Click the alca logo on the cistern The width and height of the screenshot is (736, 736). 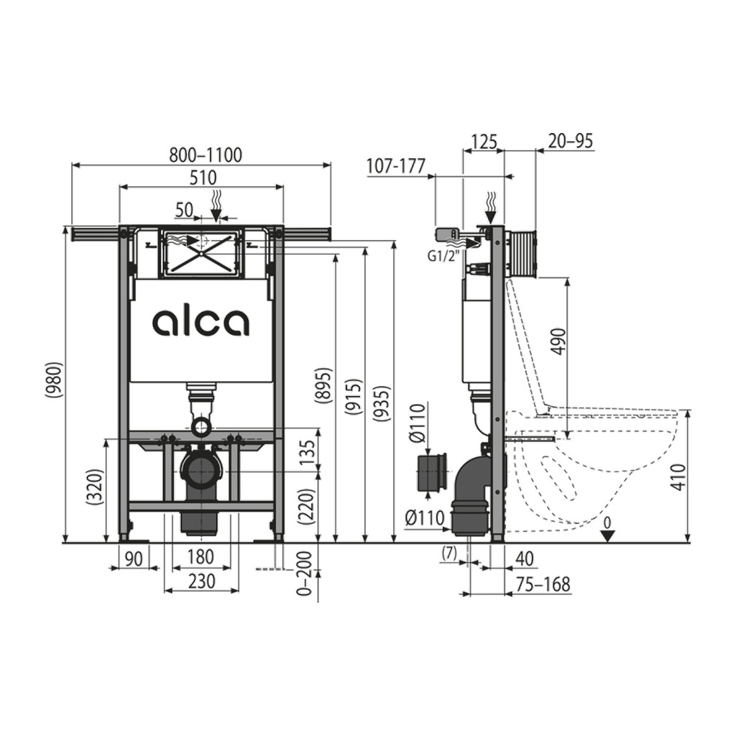tap(201, 323)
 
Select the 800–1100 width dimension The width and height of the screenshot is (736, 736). tap(206, 155)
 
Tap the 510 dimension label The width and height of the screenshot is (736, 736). tap(203, 178)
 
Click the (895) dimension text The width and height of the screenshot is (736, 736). tap(323, 385)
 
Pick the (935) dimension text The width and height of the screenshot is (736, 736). tap(383, 402)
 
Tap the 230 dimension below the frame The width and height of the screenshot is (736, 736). tap(201, 581)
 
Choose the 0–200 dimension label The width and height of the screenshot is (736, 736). tap(305, 574)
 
